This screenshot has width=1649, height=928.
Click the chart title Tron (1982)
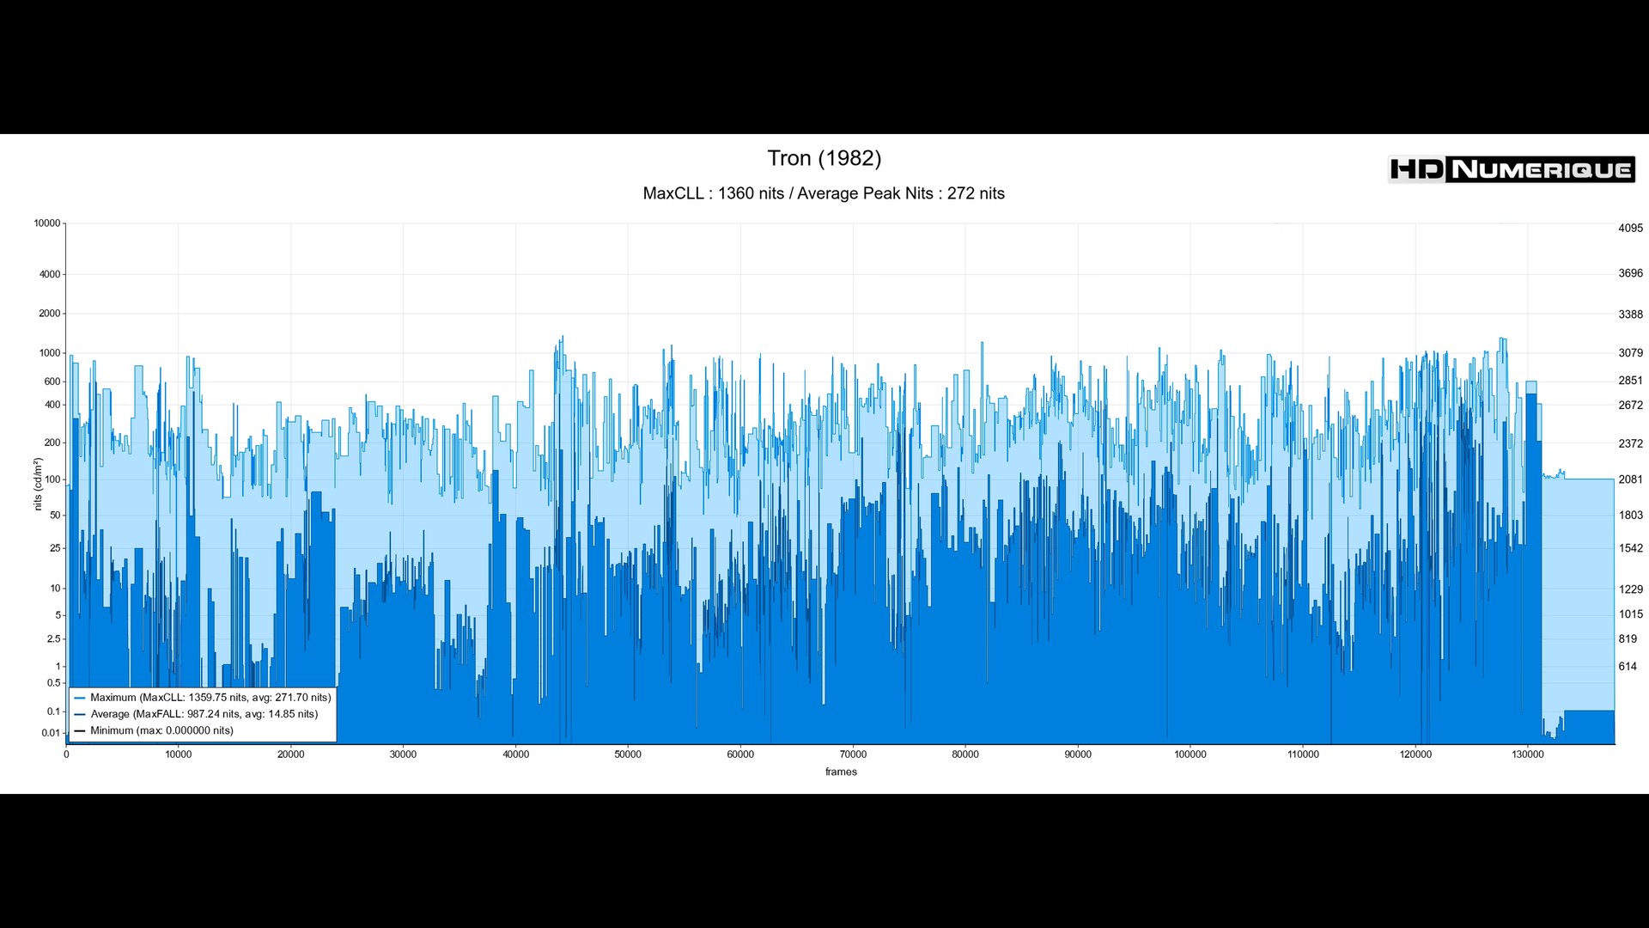[824, 158]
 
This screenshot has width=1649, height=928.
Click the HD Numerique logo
[1511, 169]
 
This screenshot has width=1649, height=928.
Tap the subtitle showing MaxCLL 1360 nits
[824, 193]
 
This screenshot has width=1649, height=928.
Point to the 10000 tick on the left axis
[47, 223]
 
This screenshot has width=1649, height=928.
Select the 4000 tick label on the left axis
[50, 275]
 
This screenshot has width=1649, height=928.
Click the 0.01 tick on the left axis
[51, 733]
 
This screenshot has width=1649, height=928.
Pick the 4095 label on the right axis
[1630, 229]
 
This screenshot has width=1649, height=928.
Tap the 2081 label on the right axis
[1630, 479]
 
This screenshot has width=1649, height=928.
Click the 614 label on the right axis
[1628, 667]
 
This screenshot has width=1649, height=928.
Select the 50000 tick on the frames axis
[628, 754]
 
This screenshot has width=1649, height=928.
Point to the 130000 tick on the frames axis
[1528, 754]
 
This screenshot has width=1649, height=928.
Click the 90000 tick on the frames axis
[1078, 754]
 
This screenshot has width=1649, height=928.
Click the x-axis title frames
[841, 772]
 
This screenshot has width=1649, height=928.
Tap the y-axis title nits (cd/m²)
[38, 484]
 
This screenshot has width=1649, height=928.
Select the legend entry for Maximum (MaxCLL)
[210, 698]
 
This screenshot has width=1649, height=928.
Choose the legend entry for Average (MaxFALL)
[204, 714]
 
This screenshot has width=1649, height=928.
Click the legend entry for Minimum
[161, 730]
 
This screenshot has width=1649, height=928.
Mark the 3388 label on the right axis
[1630, 314]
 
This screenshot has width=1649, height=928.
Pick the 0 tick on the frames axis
[66, 754]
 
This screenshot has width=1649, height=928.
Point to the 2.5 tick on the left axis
[54, 639]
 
